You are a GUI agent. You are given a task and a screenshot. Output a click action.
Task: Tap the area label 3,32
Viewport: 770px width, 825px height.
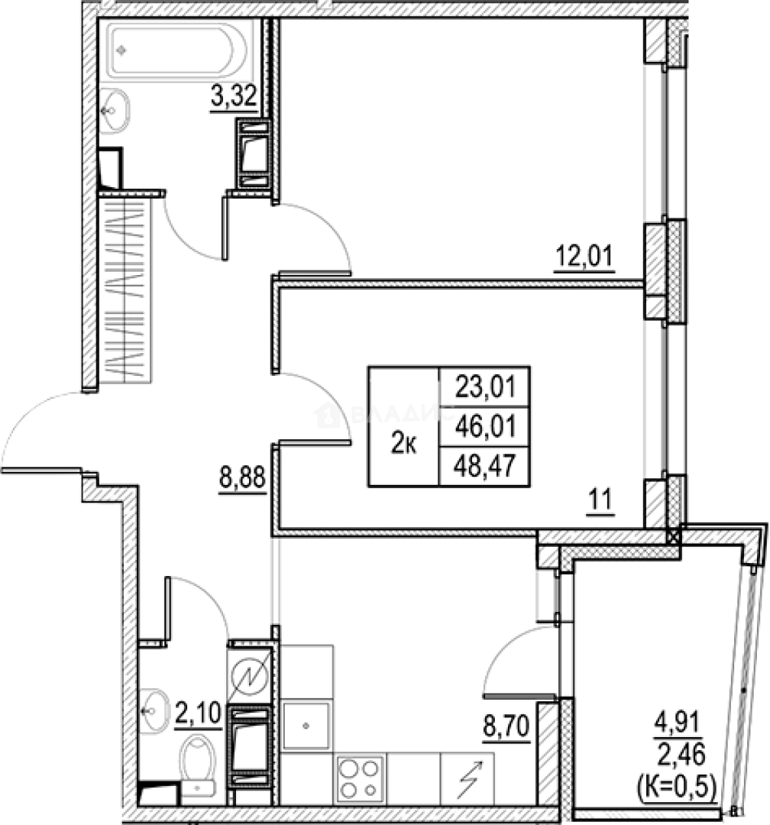[232, 99]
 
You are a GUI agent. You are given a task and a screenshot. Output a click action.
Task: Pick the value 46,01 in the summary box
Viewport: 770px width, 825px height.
[484, 426]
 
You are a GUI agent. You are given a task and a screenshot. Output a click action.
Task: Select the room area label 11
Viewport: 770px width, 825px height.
[601, 502]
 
